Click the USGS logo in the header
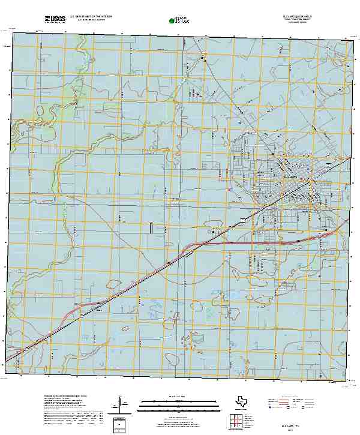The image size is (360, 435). [55, 19]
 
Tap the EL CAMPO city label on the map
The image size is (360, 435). [289, 177]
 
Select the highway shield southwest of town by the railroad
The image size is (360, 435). [244, 221]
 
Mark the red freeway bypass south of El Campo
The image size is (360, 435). [258, 244]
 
